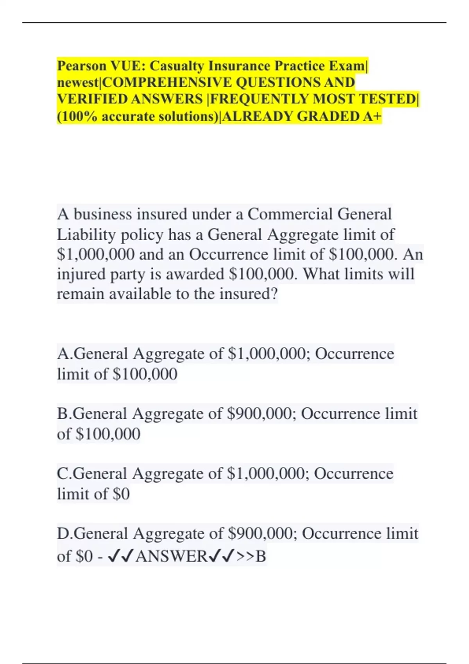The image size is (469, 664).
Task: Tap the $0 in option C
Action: [121, 494]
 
